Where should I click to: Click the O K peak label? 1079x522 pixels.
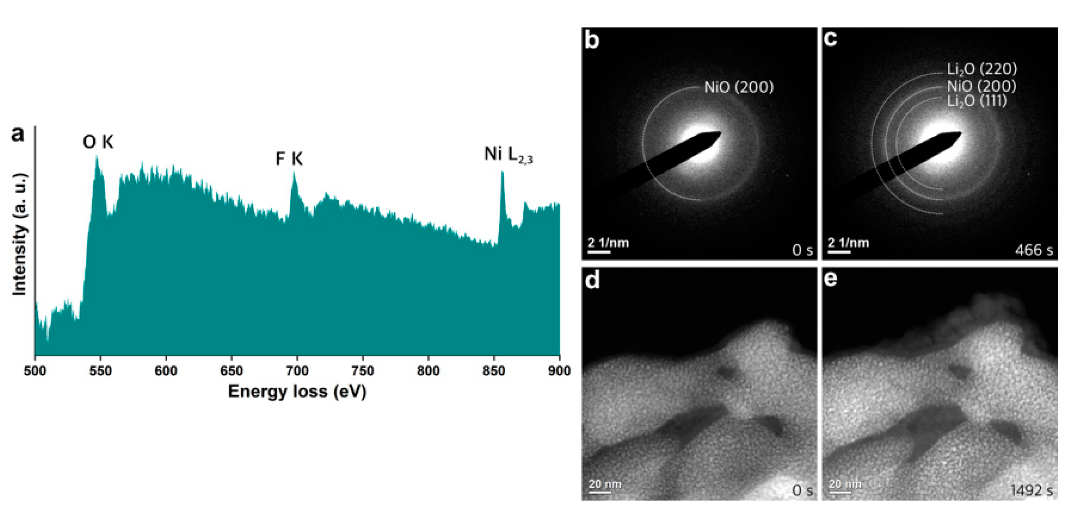(98, 142)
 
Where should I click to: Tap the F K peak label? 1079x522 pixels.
(289, 159)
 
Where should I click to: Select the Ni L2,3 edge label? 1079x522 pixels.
(508, 155)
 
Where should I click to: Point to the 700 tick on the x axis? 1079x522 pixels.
(297, 371)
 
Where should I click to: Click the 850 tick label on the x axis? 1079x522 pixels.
(494, 371)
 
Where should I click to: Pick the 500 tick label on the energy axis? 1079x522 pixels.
(35, 371)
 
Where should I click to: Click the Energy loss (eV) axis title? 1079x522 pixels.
(297, 392)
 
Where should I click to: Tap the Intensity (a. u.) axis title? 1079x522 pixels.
(19, 235)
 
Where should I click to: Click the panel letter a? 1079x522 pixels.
(18, 134)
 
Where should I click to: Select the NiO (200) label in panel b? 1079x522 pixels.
(739, 87)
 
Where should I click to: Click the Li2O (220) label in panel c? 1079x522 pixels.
(981, 70)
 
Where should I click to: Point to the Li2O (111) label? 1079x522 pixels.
(976, 101)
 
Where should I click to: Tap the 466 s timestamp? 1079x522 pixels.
(1034, 250)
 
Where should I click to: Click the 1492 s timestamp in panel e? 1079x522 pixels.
(1032, 490)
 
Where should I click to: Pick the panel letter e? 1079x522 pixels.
(830, 279)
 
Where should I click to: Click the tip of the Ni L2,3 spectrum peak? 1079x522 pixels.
(502, 173)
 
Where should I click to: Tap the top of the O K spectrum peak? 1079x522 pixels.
(97, 157)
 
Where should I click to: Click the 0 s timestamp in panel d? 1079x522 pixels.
(802, 490)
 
